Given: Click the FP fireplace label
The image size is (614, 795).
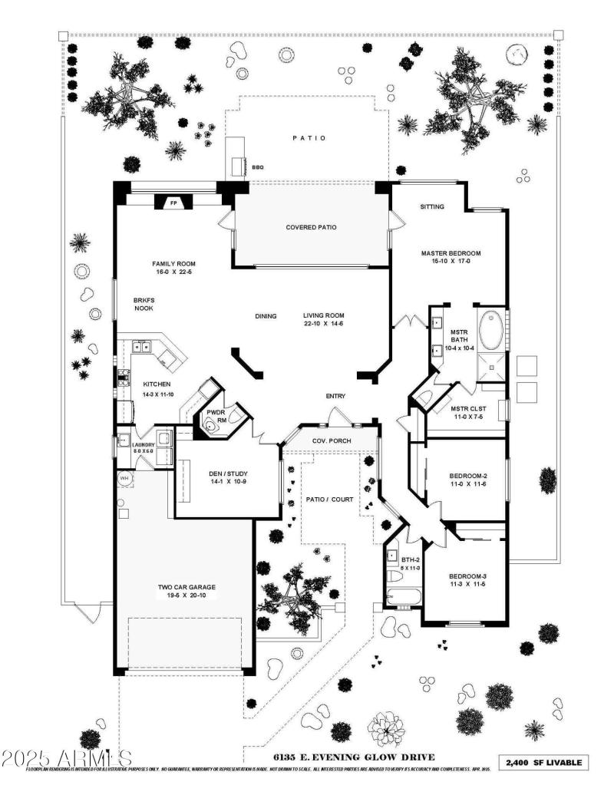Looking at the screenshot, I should click(x=174, y=203).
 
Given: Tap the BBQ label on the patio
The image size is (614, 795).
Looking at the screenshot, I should click(x=257, y=166).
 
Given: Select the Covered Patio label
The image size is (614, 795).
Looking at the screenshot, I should click(x=311, y=227).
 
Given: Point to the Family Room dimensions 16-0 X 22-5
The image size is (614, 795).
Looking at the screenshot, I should click(x=174, y=272).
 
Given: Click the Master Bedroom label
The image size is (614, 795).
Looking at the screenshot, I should click(x=450, y=253).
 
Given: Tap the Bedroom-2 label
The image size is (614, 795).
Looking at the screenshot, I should click(x=468, y=477).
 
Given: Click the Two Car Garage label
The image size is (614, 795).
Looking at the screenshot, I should click(x=187, y=588).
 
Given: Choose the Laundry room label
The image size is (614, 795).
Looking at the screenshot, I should click(x=143, y=445).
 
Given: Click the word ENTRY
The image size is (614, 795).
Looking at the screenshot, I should click(x=335, y=396).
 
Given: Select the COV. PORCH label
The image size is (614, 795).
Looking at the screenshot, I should click(x=331, y=441).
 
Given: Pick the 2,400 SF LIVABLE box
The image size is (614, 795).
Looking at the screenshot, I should click(x=545, y=763).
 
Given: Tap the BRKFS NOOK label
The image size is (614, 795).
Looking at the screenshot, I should click(x=144, y=303).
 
